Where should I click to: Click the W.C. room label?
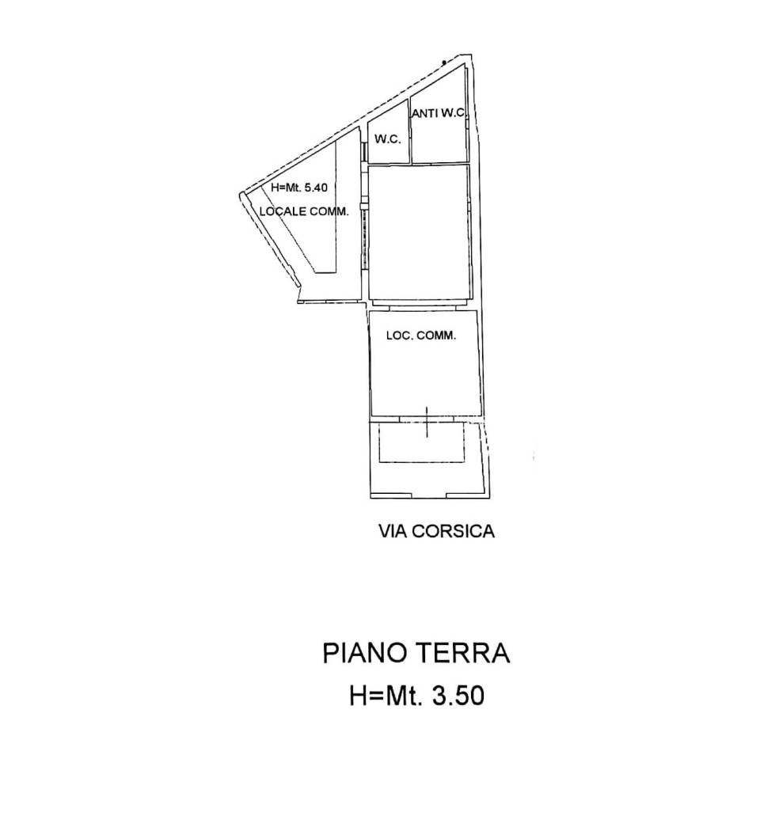tap(387, 140)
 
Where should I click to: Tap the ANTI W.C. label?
tap(439, 113)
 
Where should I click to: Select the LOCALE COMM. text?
tap(304, 211)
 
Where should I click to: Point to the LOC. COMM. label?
tap(421, 336)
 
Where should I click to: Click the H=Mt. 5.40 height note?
tap(299, 187)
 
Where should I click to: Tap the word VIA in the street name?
tap(393, 531)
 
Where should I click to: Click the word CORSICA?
tap(453, 531)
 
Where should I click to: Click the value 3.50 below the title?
tap(458, 696)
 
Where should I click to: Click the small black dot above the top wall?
tap(443, 63)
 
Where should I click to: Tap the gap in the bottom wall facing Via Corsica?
tap(429, 496)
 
